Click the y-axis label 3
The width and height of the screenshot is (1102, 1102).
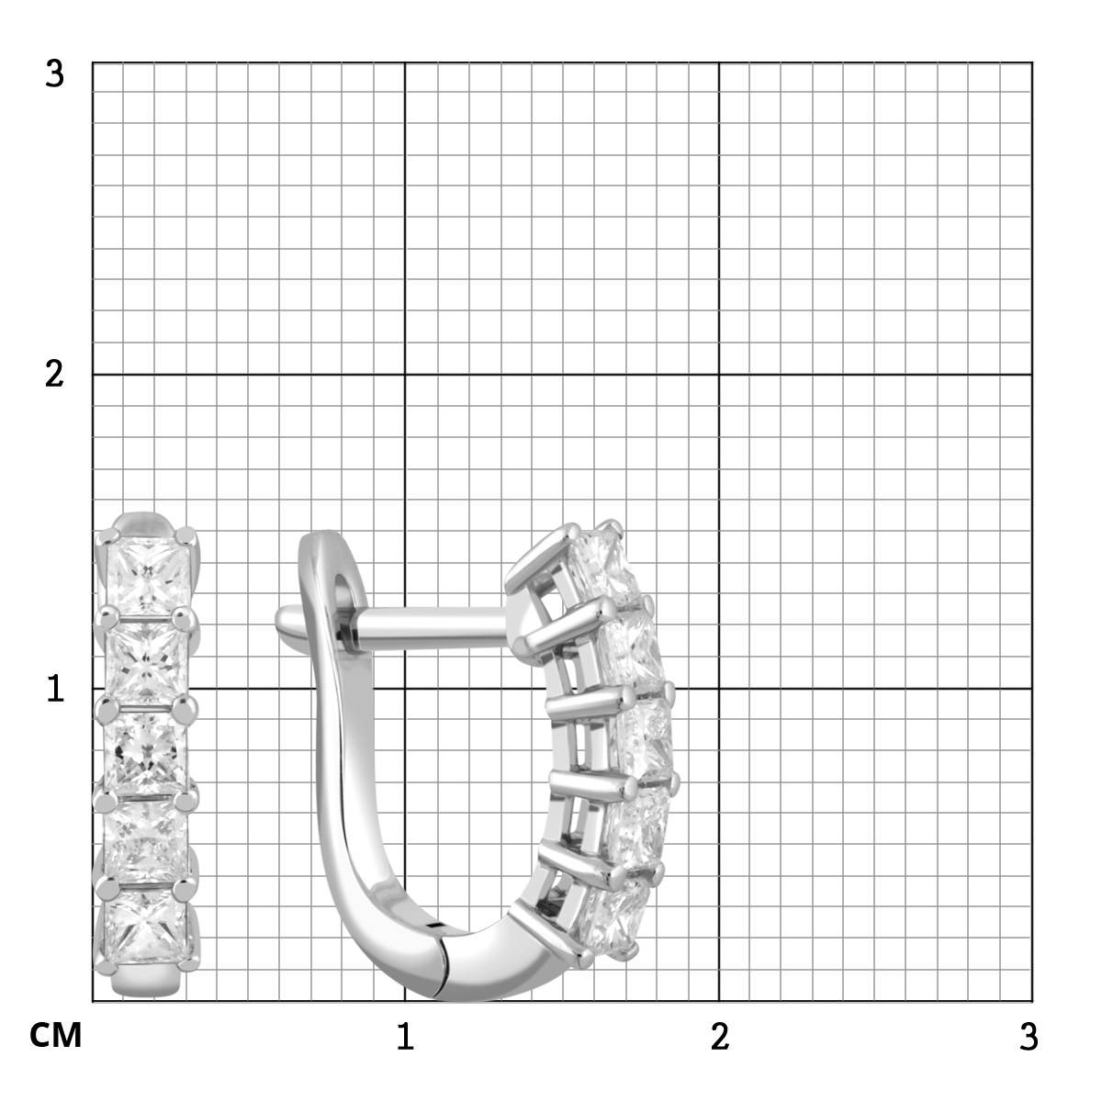[x=54, y=74]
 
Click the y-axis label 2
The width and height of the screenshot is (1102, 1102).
[x=54, y=375]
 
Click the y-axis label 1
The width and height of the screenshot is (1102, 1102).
[x=55, y=689]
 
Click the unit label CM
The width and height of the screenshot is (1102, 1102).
[x=55, y=1035]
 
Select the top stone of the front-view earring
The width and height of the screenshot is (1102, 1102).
[x=148, y=576]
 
